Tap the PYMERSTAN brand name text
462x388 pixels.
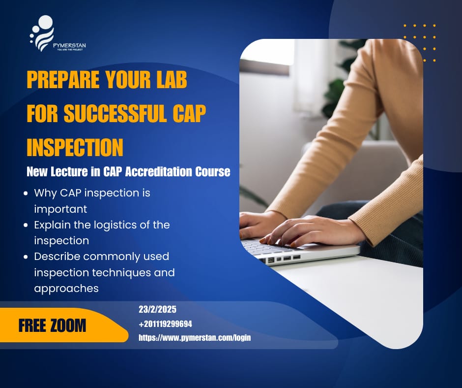(x=68, y=45)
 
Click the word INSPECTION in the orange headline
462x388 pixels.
(x=75, y=147)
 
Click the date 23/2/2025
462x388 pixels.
(x=157, y=310)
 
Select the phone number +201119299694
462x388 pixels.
(x=166, y=324)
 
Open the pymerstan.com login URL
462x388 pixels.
(x=195, y=338)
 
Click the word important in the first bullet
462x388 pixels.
(x=60, y=209)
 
